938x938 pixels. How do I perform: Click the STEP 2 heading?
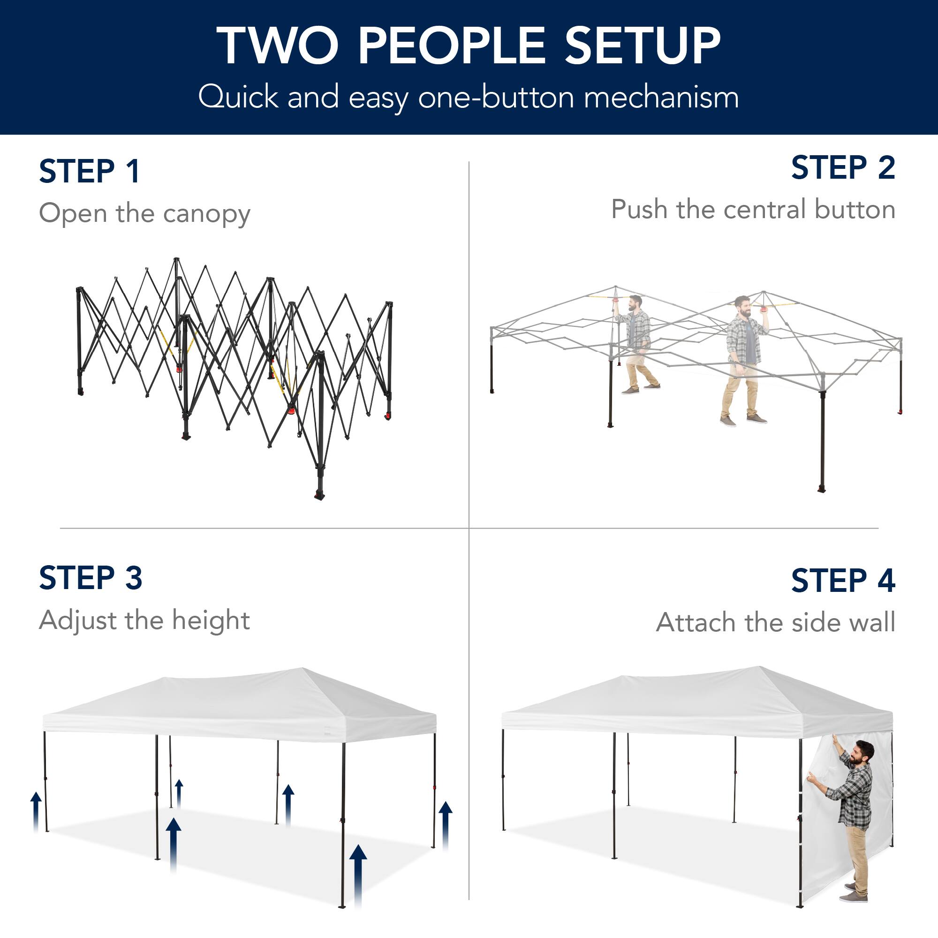coord(843,168)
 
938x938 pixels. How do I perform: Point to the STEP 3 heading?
coord(91,578)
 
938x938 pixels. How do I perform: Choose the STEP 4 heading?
coord(843,580)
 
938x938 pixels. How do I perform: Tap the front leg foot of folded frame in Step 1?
coord(319,496)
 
